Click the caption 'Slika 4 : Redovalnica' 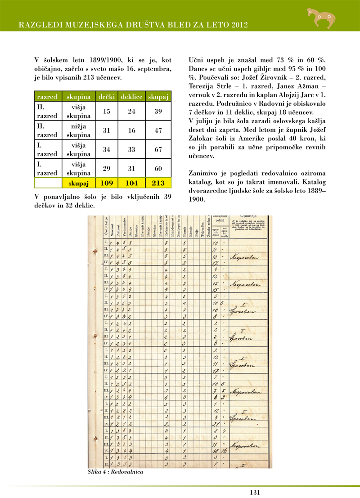click(x=116, y=472)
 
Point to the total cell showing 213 click(x=158, y=183)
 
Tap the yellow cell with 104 click(x=132, y=183)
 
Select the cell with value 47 click(x=158, y=130)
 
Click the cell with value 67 click(x=158, y=149)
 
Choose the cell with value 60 click(x=158, y=168)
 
